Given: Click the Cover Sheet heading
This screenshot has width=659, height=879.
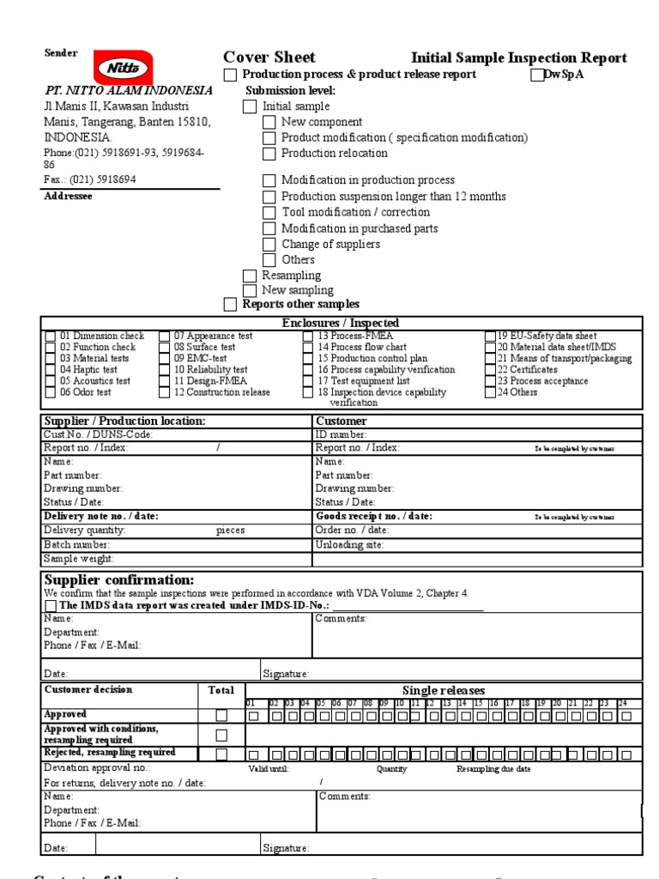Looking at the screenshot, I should [269, 58].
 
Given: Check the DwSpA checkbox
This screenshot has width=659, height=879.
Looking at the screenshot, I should [537, 75].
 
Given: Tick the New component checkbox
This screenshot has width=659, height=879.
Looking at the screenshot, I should [269, 123].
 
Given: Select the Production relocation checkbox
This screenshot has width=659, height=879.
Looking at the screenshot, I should [269, 154].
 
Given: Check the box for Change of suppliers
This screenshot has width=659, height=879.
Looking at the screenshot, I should [269, 245].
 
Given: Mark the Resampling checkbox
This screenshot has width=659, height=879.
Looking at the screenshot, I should [250, 276].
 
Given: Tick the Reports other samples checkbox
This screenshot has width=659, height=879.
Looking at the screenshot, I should [230, 305].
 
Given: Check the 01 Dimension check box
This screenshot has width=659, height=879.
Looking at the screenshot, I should [51, 336].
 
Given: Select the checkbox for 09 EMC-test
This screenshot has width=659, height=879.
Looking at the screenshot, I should [165, 359].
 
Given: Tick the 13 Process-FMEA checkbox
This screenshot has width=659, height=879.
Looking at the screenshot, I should [308, 336].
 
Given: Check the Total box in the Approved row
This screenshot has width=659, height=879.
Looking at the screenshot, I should [221, 715].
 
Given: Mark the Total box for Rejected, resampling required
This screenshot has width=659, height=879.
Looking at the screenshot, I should [221, 754].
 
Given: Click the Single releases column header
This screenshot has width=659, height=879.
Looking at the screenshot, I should [443, 691].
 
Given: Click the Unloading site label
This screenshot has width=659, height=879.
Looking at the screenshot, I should [349, 545].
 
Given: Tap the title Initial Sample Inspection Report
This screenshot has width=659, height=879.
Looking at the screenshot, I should [518, 58].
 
